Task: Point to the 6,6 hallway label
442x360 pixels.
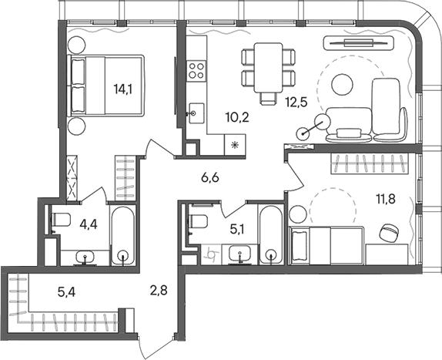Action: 210,178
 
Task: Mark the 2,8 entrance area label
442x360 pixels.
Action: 157,291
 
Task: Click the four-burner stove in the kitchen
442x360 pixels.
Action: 196,72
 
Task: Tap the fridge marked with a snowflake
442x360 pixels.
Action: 234,144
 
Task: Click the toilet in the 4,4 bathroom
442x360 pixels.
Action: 61,219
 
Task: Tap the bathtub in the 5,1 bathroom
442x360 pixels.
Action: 270,234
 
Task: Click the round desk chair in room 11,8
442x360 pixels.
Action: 390,230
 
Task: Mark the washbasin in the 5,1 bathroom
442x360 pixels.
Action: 241,253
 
